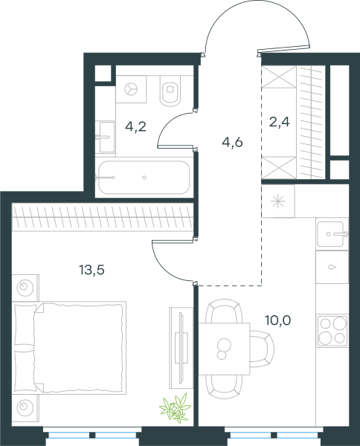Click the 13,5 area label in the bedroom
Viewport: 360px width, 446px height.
(92, 270)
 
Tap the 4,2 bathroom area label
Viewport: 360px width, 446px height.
(136, 126)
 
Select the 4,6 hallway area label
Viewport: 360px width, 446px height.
(232, 142)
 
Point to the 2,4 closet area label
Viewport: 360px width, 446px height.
(279, 122)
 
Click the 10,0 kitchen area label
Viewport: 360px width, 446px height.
(277, 320)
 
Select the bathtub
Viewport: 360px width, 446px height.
(144, 178)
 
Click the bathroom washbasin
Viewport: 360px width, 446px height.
(106, 137)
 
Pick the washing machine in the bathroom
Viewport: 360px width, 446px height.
(131, 89)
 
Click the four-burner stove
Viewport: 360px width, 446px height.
(332, 331)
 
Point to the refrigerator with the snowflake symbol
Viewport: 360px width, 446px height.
(278, 201)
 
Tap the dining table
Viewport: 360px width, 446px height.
(224, 349)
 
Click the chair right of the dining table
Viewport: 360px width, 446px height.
(262, 349)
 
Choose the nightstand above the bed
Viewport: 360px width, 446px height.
(25, 288)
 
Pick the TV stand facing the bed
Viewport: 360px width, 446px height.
(181, 348)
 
